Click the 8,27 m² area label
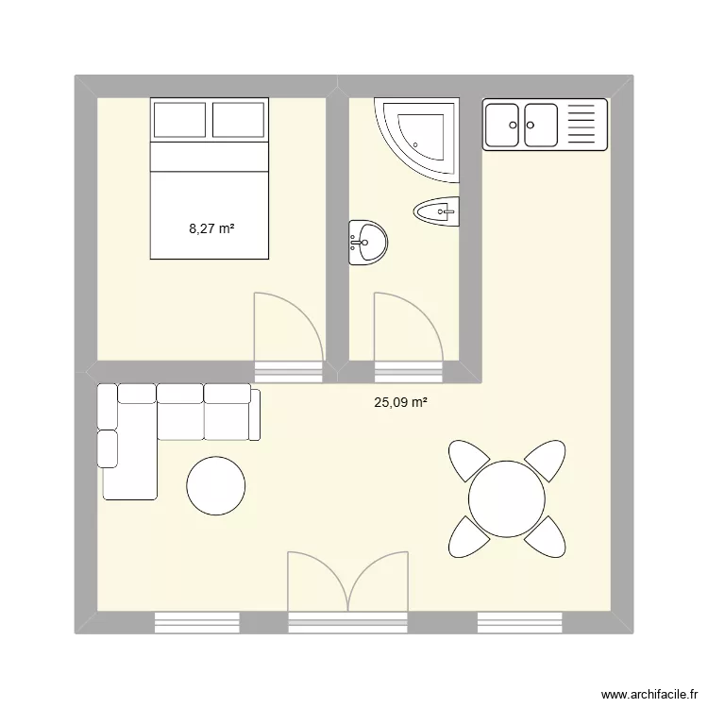point(211,228)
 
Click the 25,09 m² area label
point(400,403)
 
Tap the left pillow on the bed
point(179,120)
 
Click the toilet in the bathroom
point(435,211)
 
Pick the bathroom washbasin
point(367,243)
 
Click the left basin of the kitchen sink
point(502,125)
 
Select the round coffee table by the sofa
point(216,487)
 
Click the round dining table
point(507,498)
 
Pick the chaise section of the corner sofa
point(128,458)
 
